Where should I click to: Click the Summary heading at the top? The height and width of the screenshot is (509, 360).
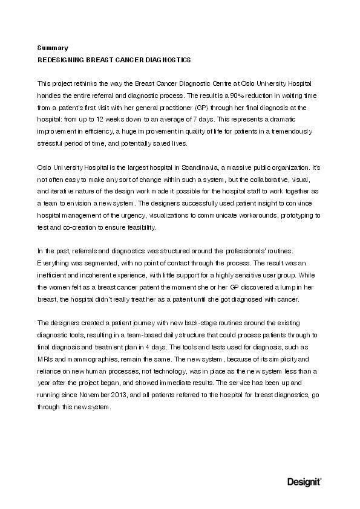(x=53, y=47)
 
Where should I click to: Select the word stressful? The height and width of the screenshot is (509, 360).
(x=51, y=144)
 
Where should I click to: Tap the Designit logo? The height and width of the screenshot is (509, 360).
(x=304, y=481)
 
